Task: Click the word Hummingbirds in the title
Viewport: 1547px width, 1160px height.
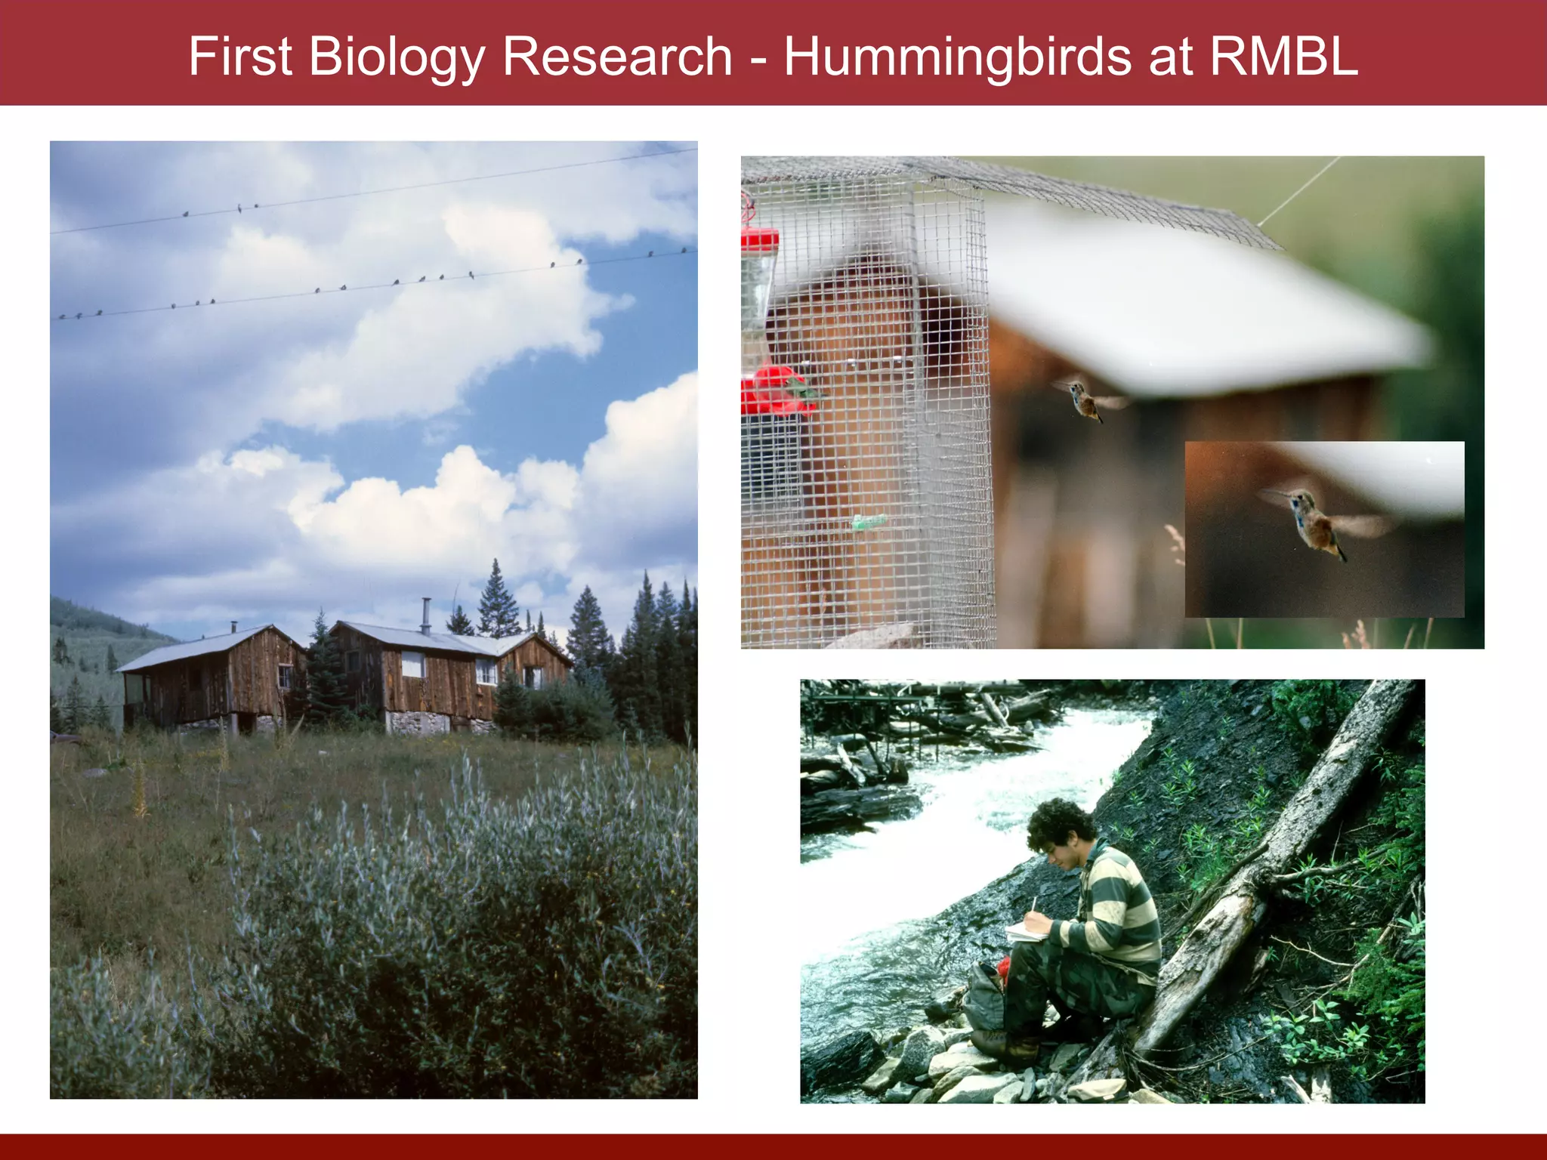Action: click(958, 57)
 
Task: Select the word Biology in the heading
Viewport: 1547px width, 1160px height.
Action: click(396, 57)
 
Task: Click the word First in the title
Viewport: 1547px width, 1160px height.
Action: click(239, 57)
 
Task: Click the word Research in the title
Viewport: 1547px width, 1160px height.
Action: click(617, 57)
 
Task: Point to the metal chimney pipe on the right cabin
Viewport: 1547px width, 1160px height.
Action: click(426, 615)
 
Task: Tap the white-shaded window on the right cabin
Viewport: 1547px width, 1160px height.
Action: click(412, 664)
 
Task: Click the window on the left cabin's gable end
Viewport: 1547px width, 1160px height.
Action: click(285, 676)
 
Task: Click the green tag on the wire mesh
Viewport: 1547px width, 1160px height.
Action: click(869, 522)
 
